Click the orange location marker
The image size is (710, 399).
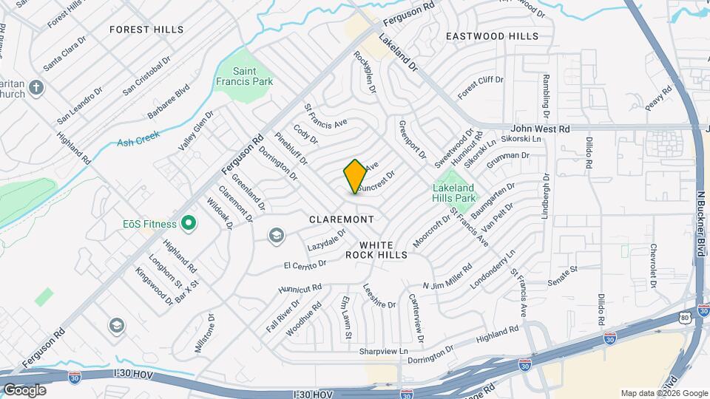[x=355, y=177]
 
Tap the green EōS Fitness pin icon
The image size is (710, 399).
[x=189, y=222]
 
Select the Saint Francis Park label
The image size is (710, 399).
[x=244, y=76]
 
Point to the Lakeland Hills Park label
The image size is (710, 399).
[x=453, y=193]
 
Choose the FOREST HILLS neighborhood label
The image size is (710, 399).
[x=146, y=30]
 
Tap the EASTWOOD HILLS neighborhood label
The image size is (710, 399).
[x=493, y=35]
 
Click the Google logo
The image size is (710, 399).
[x=24, y=389]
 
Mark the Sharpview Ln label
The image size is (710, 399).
[x=383, y=352]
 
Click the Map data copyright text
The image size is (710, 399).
[x=664, y=393]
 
